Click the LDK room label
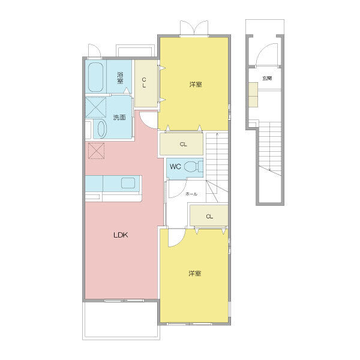tap(121, 235)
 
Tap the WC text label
tap(175, 166)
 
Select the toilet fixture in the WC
tap(194, 166)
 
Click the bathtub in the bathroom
tap(95, 77)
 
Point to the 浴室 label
tap(120, 78)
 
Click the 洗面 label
tap(119, 118)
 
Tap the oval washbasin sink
tap(102, 129)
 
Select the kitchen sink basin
tap(128, 183)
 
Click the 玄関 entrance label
tap(267, 78)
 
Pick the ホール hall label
tap(191, 194)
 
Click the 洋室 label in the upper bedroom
tap(196, 85)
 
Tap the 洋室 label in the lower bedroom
tap(195, 274)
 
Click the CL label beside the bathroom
tap(144, 83)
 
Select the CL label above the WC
tap(183, 144)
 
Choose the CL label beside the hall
tap(209, 216)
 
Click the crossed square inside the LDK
tap(97, 151)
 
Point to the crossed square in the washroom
tap(96, 107)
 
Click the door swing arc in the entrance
tap(264, 50)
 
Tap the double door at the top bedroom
tap(194, 28)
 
